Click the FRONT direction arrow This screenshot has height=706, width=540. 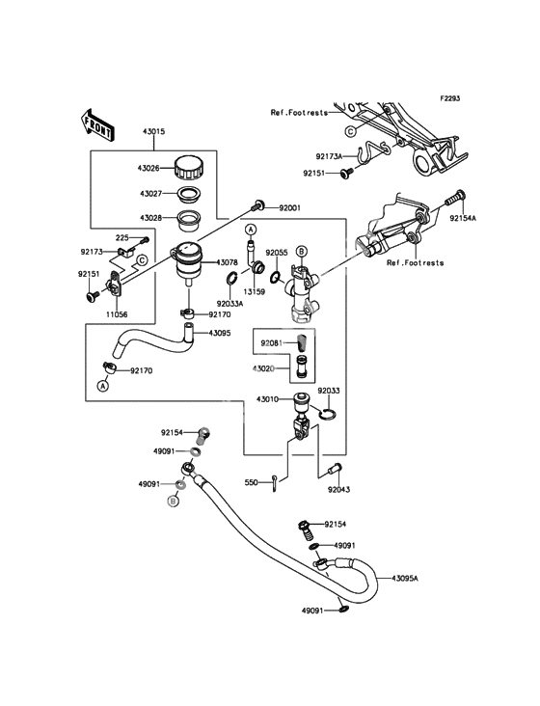[97, 123]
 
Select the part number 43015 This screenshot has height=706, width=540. [154, 132]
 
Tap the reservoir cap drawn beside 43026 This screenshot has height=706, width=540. [189, 168]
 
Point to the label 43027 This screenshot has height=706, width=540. [150, 194]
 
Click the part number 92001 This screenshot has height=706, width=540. [289, 208]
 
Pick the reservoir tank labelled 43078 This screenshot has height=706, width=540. [187, 262]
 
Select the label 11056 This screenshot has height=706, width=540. [117, 314]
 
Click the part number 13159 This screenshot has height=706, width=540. [254, 292]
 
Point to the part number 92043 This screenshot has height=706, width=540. [338, 489]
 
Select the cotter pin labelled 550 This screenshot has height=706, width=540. [275, 484]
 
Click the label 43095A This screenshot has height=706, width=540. [405, 578]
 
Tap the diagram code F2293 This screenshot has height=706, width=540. [449, 97]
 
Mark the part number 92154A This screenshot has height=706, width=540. [463, 218]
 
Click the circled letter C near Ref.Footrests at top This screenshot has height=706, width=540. [350, 131]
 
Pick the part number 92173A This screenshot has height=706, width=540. [329, 156]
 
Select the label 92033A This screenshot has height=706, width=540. [229, 304]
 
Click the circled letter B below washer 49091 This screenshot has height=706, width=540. [173, 500]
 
